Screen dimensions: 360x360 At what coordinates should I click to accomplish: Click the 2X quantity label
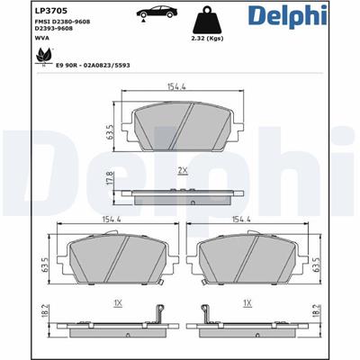[x=183, y=169]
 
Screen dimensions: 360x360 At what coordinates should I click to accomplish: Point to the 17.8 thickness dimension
[x=110, y=180]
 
